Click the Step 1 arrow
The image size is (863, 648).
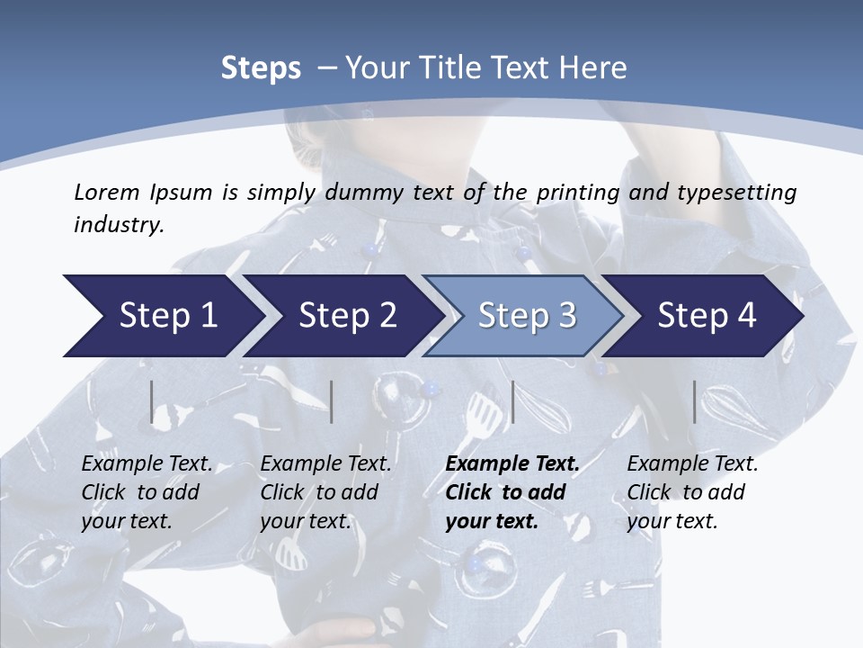pos(162,316)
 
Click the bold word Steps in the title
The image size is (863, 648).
pos(261,68)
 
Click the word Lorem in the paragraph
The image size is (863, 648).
pos(105,192)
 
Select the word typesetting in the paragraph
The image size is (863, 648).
pos(738,192)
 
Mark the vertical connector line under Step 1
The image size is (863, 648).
pos(152,402)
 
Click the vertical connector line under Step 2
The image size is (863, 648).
pos(332,402)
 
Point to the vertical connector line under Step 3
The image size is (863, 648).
pos(512,402)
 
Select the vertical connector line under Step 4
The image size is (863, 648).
pos(694,402)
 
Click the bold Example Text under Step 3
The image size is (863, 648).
pos(512,464)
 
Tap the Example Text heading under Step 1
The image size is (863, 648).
pos(147,464)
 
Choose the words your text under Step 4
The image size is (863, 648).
pos(672,521)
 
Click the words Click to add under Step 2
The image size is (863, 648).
pos(319,493)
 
